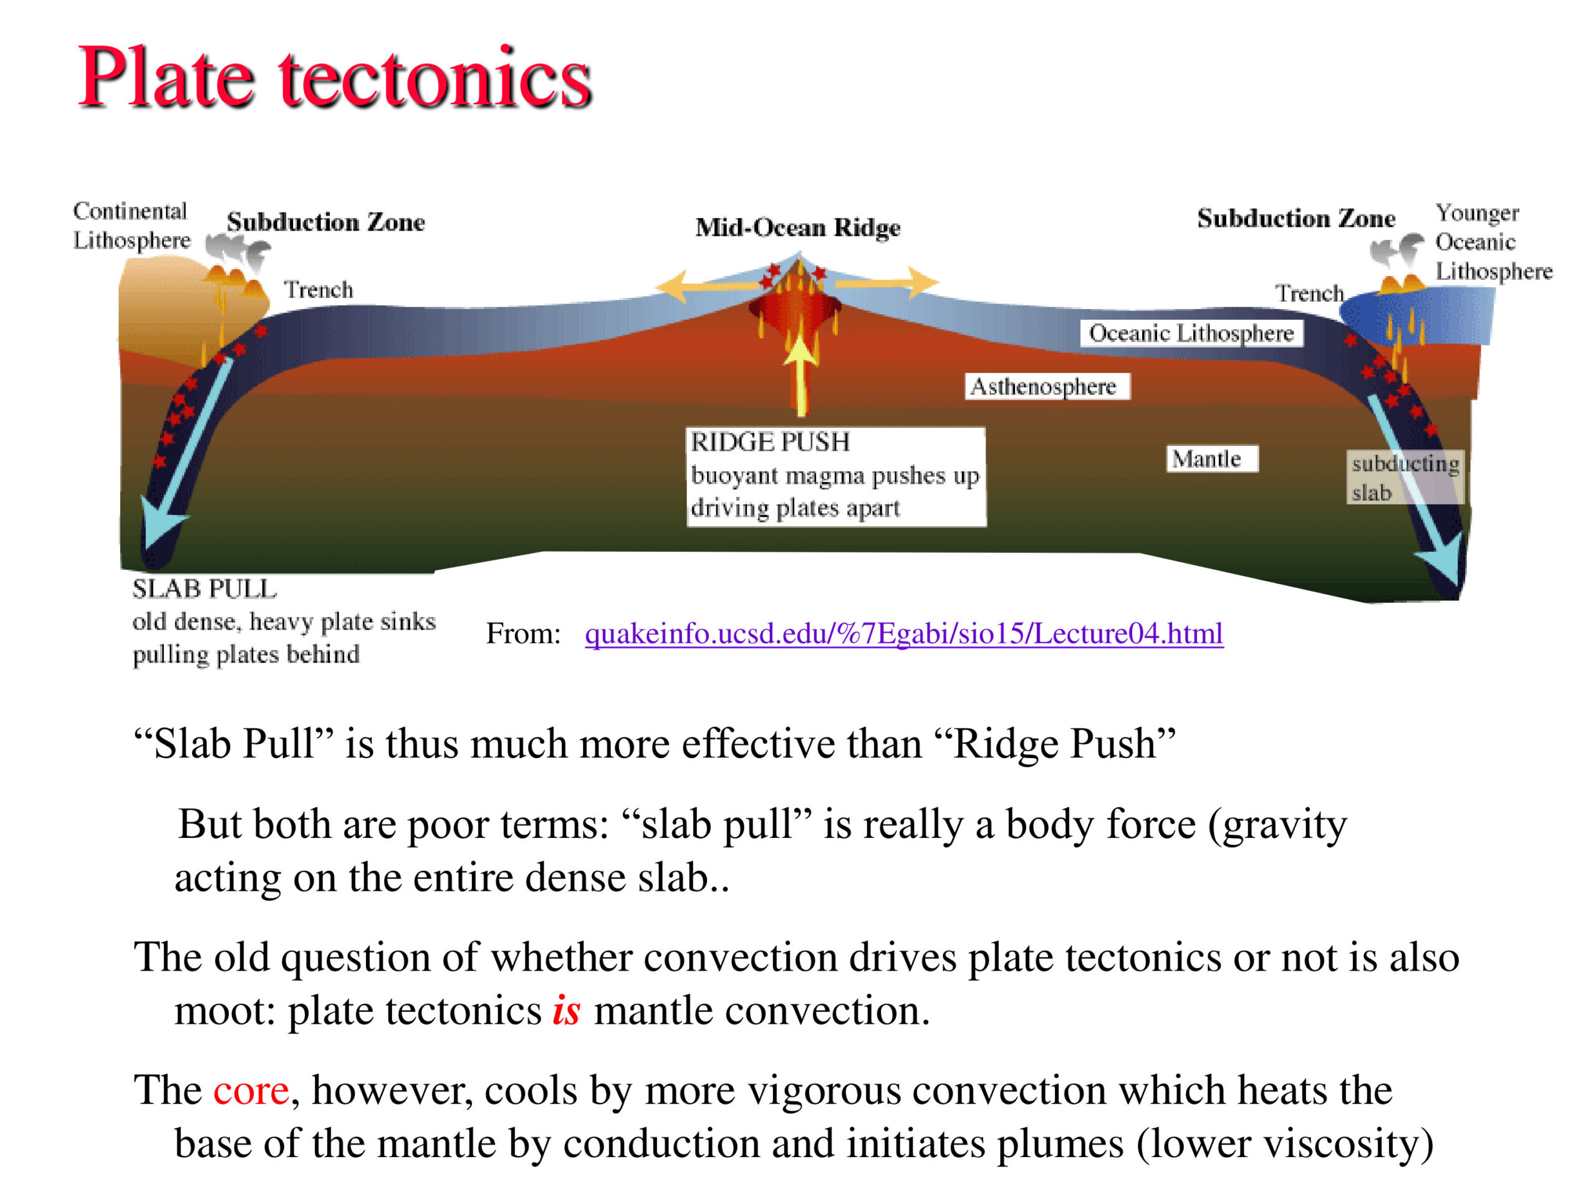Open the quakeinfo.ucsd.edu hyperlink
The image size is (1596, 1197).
pos(903,633)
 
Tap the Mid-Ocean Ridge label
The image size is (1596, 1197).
pos(798,228)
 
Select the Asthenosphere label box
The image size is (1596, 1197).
pos(1047,386)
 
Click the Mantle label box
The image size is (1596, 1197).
pos(1212,458)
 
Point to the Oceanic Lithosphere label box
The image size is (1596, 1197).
pos(1191,334)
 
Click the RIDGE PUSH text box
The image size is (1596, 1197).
pos(836,476)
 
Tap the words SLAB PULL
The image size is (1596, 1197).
pos(204,589)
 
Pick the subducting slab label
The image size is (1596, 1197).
pos(1404,477)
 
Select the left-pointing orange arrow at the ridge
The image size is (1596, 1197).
pos(711,284)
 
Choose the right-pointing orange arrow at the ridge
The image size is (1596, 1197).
pos(886,282)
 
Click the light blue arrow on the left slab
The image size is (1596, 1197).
pos(185,454)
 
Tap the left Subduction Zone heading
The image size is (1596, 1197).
pos(325,221)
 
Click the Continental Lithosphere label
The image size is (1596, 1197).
pos(132,225)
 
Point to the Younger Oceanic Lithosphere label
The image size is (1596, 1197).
pos(1493,242)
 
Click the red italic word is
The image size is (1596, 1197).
pos(566,1010)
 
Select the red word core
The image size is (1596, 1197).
pos(251,1090)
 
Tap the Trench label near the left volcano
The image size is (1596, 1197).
pos(318,289)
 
